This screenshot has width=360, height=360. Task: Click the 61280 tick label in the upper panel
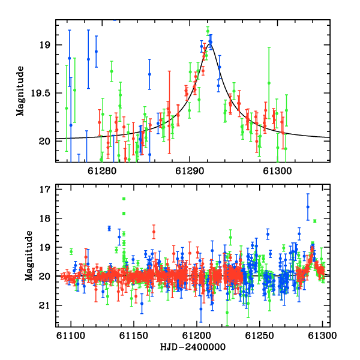tap(102, 171)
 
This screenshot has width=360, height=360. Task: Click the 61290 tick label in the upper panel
tap(190, 171)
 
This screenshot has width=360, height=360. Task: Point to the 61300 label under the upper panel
tap(277, 171)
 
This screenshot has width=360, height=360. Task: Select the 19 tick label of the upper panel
tap(45, 45)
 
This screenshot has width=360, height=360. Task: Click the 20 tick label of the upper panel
tap(44, 141)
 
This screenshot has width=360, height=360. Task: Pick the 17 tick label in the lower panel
tap(45, 189)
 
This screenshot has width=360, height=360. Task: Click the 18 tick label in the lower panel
tap(45, 218)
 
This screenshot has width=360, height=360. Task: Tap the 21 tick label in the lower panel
tap(45, 305)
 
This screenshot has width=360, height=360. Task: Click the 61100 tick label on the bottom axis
tap(71, 336)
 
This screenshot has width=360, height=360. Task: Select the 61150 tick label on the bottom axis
tap(134, 336)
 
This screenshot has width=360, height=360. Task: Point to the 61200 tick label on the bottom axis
tap(197, 336)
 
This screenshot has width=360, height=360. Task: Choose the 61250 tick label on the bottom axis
tap(259, 336)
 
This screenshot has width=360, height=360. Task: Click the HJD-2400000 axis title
tap(193, 347)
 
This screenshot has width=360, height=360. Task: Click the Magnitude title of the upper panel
tap(20, 91)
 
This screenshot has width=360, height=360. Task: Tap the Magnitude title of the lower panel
tap(29, 256)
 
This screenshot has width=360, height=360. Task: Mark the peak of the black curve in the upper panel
tap(210, 44)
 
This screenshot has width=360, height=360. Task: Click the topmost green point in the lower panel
tap(124, 199)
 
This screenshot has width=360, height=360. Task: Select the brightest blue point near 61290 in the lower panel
tap(308, 207)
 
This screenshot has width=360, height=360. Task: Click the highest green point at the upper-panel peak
tap(208, 31)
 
